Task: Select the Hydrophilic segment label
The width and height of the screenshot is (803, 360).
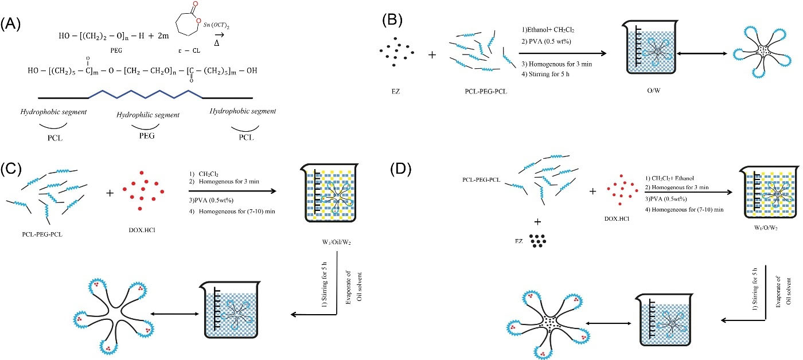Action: pyautogui.click(x=148, y=115)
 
